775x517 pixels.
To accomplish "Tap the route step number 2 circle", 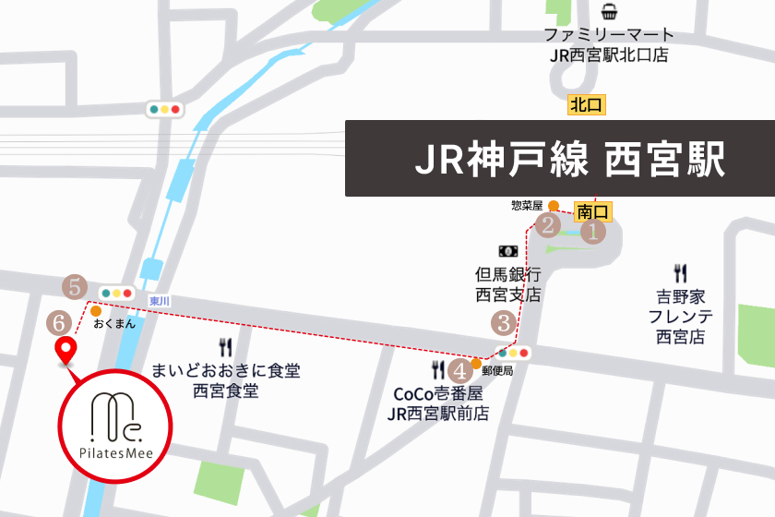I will [549, 224].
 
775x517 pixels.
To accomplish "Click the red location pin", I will [66, 351].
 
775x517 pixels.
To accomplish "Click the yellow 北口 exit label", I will [587, 104].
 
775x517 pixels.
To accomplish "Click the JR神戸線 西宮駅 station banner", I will [559, 159].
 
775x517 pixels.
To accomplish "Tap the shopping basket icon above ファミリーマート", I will [609, 12].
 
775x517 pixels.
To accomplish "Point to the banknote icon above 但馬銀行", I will [507, 250].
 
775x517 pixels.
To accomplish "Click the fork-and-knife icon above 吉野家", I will [681, 273].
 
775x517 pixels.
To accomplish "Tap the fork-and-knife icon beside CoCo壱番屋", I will [438, 370].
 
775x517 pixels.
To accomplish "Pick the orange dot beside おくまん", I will [96, 311].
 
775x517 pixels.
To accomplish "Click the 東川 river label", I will [159, 302].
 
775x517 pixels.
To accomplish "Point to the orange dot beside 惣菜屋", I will [553, 205].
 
